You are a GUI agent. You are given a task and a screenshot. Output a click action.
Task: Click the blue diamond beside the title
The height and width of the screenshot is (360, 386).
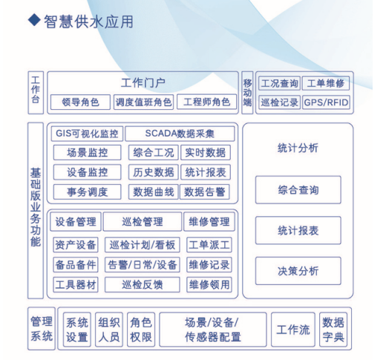pyautogui.click(x=34, y=20)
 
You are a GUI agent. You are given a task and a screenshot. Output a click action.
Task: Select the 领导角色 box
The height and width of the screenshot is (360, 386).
pyautogui.click(x=80, y=102)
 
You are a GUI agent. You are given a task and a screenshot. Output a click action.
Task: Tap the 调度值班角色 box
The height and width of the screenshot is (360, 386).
pyautogui.click(x=143, y=102)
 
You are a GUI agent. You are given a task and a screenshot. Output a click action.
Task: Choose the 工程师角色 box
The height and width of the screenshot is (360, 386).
pyautogui.click(x=206, y=102)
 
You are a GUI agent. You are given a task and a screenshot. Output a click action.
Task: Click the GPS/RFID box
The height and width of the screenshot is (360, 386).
pyautogui.click(x=326, y=102)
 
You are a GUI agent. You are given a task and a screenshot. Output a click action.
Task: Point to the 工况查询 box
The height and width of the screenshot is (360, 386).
pyautogui.click(x=279, y=83)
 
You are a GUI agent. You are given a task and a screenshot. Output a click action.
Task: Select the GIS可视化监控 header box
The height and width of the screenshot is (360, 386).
pyautogui.click(x=87, y=134)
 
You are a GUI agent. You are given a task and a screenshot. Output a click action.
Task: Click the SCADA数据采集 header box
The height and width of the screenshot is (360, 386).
pyautogui.click(x=180, y=134)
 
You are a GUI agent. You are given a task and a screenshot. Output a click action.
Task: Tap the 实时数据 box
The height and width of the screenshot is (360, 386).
pyautogui.click(x=206, y=152)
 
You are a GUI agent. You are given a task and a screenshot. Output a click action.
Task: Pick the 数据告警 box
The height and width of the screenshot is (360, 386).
pyautogui.click(x=205, y=192)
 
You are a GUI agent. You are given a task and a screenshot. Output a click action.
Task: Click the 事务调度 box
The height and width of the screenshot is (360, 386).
pyautogui.click(x=88, y=192)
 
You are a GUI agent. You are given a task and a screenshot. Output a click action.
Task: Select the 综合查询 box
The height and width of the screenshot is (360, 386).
pyautogui.click(x=298, y=190)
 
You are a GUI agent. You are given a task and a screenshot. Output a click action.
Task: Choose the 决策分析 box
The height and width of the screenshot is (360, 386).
pyautogui.click(x=298, y=271)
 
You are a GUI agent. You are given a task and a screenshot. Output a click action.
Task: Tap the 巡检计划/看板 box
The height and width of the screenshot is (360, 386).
pyautogui.click(x=143, y=245)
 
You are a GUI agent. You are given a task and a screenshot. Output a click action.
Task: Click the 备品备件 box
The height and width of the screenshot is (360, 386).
pyautogui.click(x=76, y=265)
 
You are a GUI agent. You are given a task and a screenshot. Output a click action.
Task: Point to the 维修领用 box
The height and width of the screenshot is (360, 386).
pyautogui.click(x=209, y=284)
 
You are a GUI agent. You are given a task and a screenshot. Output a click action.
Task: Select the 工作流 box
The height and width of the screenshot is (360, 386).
pyautogui.click(x=293, y=330)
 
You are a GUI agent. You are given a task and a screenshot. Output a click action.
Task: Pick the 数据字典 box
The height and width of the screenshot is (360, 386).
pyautogui.click(x=333, y=330)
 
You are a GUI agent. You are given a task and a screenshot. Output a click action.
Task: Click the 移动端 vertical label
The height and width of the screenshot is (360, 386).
pyautogui.click(x=247, y=93)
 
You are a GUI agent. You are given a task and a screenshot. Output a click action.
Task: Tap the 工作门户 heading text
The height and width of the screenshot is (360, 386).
pyautogui.click(x=143, y=83)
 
